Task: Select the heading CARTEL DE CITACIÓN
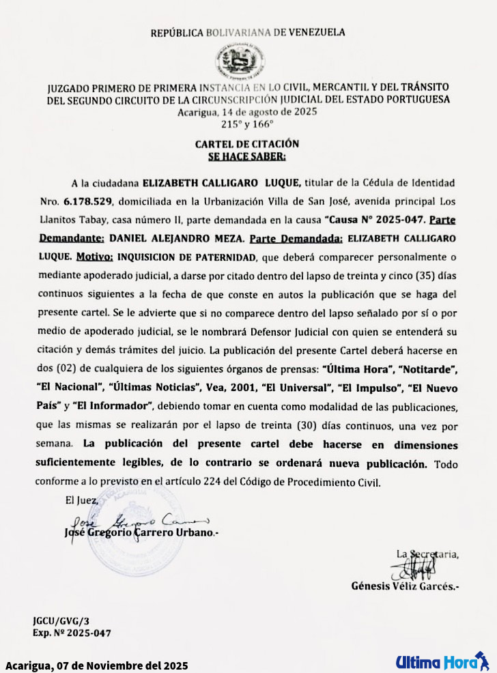click(x=247, y=144)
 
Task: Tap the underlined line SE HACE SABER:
click(x=247, y=156)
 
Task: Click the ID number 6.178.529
click(x=90, y=203)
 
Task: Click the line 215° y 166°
click(x=247, y=124)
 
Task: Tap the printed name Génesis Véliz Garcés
click(x=404, y=586)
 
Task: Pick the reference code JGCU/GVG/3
click(x=61, y=621)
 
